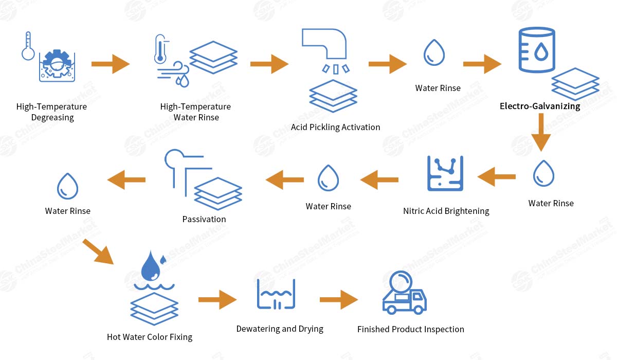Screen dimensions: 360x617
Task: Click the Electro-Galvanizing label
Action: point(540,106)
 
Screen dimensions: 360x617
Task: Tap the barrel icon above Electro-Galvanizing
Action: point(536,50)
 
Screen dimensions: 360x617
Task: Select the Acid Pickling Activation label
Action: point(335,127)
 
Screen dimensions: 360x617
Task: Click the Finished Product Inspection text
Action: point(410,329)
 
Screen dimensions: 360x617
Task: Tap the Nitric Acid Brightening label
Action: point(446,211)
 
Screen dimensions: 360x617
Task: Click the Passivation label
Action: point(204,219)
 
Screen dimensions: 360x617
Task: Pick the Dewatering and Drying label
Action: point(280,329)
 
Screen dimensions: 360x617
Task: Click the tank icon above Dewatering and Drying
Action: point(276,294)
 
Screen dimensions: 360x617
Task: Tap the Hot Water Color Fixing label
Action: point(150,337)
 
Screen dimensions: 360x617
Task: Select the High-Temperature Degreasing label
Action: point(51,112)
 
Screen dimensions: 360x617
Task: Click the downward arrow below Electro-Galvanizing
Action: point(541,132)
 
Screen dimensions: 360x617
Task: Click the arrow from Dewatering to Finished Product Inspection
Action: point(338,300)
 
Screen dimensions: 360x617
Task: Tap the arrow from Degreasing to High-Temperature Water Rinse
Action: point(111,64)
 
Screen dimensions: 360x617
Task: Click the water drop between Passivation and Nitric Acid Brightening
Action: point(328,178)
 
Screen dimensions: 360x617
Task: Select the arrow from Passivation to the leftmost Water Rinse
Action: point(126,179)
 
